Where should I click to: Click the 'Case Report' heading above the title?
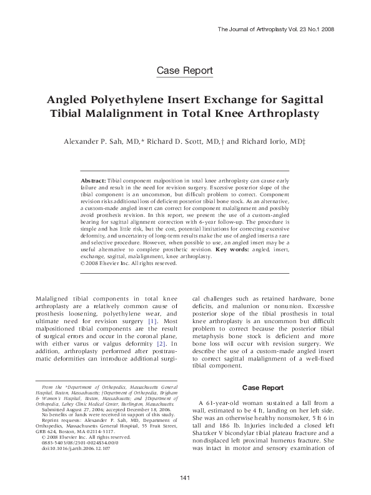tap(185, 70)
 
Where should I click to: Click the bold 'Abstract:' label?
tap(94, 179)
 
